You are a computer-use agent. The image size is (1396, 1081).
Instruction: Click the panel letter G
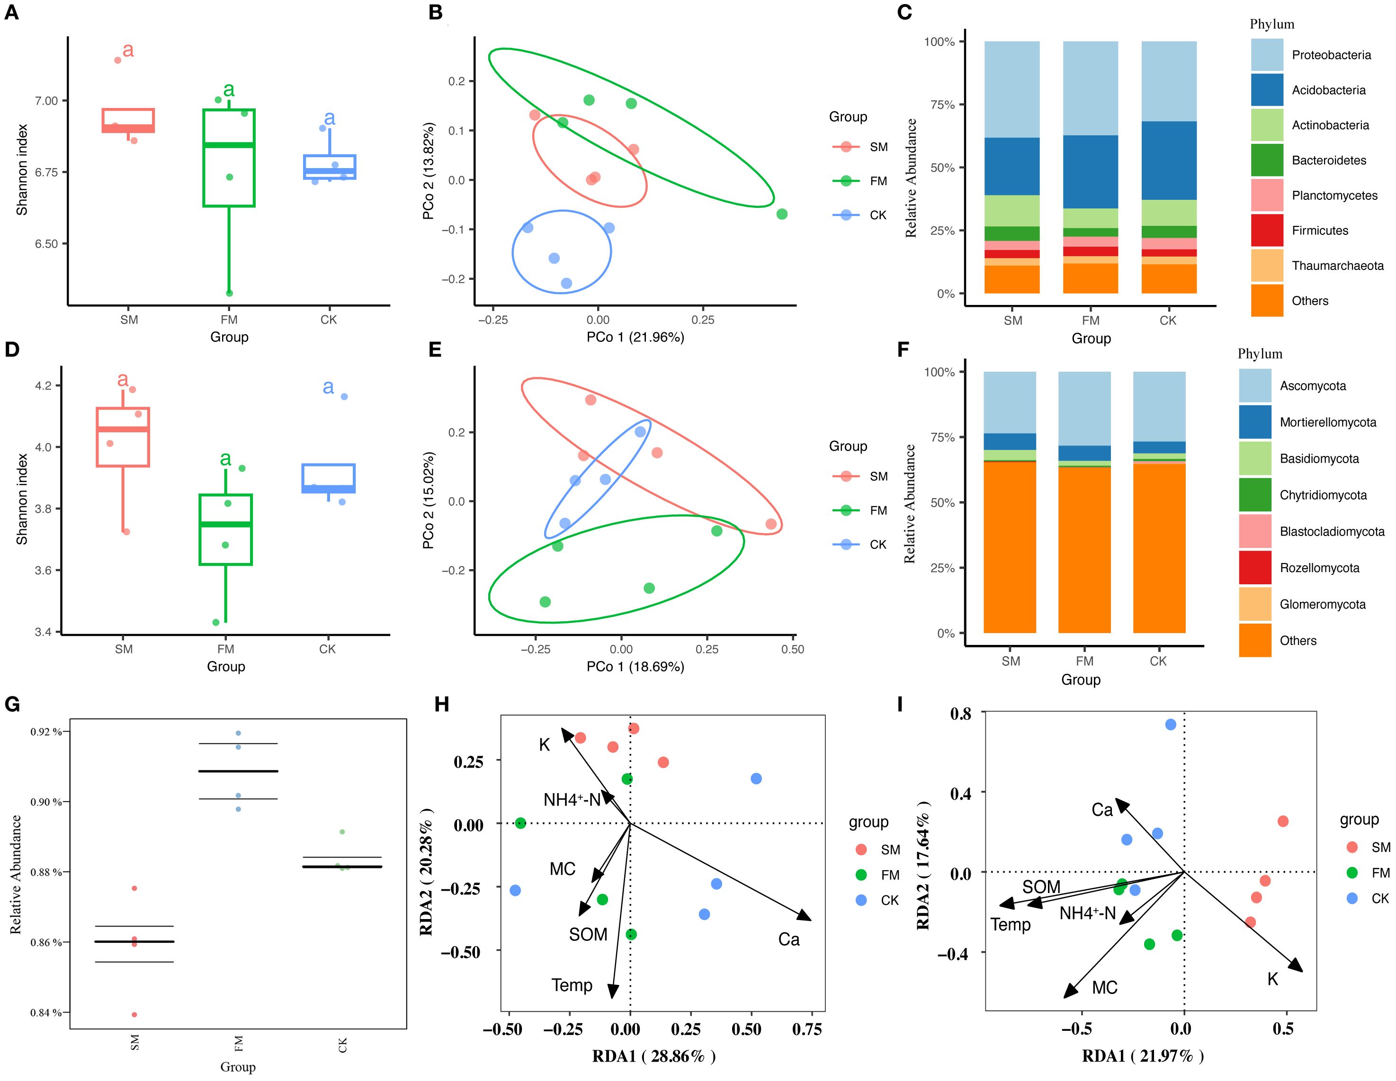pos(12,705)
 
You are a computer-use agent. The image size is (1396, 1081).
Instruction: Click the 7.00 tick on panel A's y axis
pos(46,100)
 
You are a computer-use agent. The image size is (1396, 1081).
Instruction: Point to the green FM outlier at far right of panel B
pos(782,214)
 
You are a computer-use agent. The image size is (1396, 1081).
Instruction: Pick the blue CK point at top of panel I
pos(1171,724)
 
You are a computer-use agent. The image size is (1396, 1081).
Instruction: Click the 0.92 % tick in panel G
pos(46,732)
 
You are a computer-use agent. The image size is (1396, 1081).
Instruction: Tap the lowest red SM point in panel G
pos(134,1015)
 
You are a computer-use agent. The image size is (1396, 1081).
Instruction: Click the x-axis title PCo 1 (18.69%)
pos(635,667)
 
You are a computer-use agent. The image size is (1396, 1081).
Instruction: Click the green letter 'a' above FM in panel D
pos(225,458)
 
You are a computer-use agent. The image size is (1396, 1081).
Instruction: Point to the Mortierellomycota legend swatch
pos(1255,422)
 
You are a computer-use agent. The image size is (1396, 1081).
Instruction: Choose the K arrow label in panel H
pos(544,744)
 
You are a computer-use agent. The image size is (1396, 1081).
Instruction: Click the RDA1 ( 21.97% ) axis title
pos(1142,1055)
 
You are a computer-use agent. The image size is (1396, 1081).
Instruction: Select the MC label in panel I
pos(1104,988)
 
